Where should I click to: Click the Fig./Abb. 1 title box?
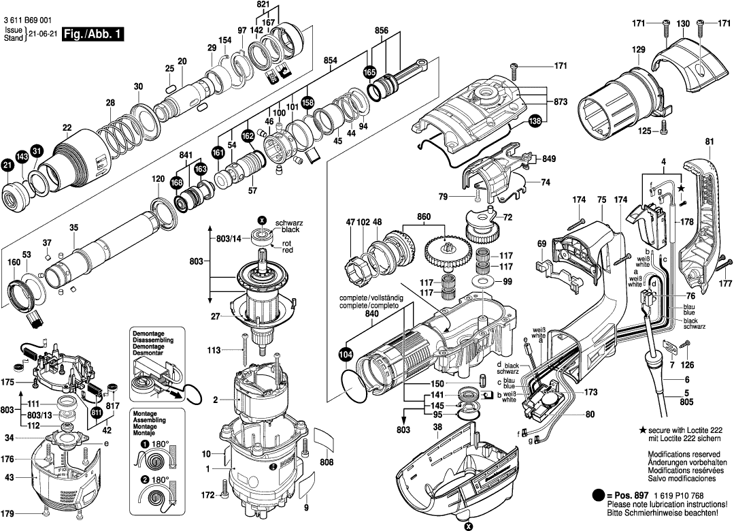(x=93, y=34)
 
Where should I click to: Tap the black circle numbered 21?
(x=7, y=165)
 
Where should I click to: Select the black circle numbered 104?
(x=346, y=354)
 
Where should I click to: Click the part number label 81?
(x=710, y=142)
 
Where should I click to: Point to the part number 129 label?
(x=638, y=50)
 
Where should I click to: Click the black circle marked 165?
(x=369, y=71)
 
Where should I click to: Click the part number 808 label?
(x=327, y=464)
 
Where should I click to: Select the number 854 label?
(x=331, y=61)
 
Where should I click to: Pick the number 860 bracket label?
(x=424, y=216)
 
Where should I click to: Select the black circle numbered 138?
(x=536, y=121)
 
